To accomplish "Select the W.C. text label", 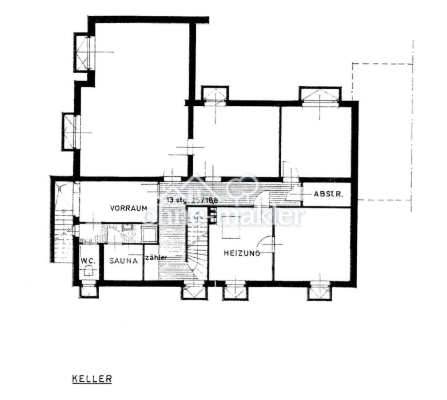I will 87,260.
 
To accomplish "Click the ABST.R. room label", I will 328,194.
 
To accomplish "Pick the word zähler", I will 156,258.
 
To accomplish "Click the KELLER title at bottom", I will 92,380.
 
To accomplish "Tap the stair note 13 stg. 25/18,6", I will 192,200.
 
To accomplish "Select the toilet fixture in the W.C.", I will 89,271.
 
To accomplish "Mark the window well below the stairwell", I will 194,292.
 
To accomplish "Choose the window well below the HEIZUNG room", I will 235,291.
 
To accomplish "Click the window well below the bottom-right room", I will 319,292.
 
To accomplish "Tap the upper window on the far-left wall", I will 83,52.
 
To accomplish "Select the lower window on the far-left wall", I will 71,132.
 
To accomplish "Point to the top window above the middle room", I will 215,95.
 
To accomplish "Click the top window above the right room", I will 320,95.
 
